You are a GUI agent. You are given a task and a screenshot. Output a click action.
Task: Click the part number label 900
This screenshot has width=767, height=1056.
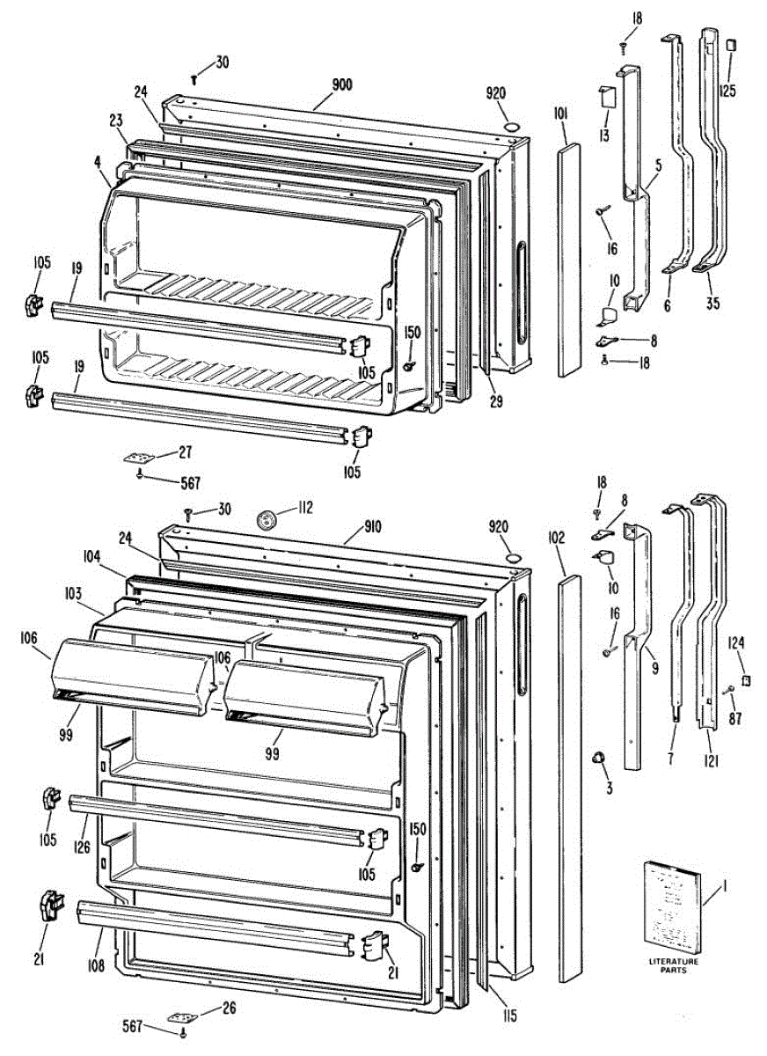(x=342, y=84)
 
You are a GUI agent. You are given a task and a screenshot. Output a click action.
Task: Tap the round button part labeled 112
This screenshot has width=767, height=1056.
(x=265, y=518)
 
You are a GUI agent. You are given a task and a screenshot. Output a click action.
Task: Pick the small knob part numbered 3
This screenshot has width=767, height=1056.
(x=600, y=758)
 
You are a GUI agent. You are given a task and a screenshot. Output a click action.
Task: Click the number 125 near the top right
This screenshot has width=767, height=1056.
(x=728, y=91)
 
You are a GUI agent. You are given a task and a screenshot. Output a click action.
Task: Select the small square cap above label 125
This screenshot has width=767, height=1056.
(x=730, y=45)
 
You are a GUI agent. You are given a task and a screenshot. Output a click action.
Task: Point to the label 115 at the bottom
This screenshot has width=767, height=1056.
(x=510, y=1017)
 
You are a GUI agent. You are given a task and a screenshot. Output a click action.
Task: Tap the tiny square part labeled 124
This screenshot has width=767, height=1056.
(x=745, y=680)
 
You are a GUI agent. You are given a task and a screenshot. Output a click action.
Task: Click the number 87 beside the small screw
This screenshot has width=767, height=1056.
(x=734, y=717)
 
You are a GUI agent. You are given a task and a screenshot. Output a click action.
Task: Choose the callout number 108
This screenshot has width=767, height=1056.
(x=96, y=966)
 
